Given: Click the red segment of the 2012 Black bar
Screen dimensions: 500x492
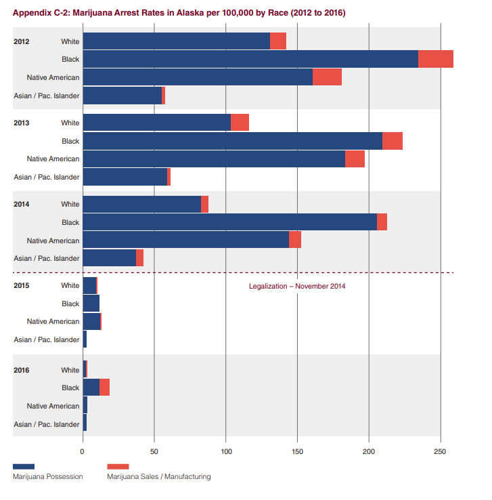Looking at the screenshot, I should click(x=436, y=59).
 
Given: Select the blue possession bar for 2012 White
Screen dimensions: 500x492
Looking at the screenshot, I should click(x=176, y=41).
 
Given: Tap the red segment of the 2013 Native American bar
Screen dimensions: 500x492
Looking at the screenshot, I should click(x=355, y=159).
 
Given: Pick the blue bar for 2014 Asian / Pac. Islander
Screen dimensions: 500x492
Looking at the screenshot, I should click(x=109, y=257).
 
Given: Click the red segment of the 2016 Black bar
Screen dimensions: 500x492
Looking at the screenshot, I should click(x=104, y=388).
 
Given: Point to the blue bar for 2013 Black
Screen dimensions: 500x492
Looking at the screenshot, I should click(x=232, y=141).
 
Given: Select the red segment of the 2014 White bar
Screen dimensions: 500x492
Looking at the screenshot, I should click(x=204, y=204).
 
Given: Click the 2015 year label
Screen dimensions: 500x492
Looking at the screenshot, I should click(x=22, y=285).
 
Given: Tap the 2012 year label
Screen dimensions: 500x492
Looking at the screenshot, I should click(x=22, y=41).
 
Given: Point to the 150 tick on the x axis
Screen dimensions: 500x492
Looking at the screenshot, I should click(x=297, y=451).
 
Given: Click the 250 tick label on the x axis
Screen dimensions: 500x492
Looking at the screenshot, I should click(x=441, y=451).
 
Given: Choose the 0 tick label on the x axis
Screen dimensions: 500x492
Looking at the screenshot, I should click(x=83, y=451).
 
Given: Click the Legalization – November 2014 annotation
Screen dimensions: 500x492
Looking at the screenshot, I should click(x=297, y=286).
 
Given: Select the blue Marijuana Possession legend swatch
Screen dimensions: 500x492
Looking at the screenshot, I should click(x=24, y=466).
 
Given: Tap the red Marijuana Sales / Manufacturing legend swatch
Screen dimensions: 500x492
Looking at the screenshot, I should click(x=118, y=466).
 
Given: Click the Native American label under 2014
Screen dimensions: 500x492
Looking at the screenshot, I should click(x=53, y=240).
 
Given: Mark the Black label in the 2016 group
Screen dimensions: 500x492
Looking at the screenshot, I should click(x=70, y=388).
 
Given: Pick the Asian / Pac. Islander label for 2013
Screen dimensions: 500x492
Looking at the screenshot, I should click(x=47, y=177).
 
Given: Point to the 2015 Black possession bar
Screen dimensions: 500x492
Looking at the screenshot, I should click(x=91, y=304).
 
